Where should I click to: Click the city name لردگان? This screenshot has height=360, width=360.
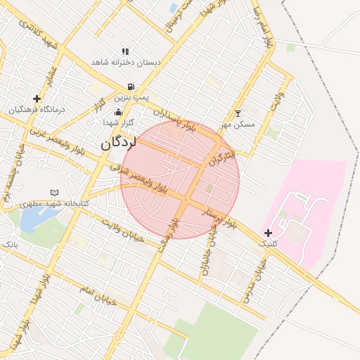point(117,142)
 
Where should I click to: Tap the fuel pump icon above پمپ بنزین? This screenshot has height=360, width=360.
point(131,87)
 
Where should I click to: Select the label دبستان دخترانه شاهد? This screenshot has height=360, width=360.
point(126,63)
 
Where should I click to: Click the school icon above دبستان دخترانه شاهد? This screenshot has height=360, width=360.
point(125,51)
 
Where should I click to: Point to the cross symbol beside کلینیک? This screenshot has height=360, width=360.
point(268,233)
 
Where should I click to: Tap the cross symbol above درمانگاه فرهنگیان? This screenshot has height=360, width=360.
point(37,98)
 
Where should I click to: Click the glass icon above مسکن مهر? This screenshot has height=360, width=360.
point(238,113)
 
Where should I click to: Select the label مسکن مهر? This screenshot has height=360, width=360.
point(238,124)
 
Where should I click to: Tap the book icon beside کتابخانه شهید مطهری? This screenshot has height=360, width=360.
point(54,193)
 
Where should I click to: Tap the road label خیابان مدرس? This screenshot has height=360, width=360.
point(254,281)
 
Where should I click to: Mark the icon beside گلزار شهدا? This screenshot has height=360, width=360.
point(118,111)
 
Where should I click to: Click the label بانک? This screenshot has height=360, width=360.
point(10,244)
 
